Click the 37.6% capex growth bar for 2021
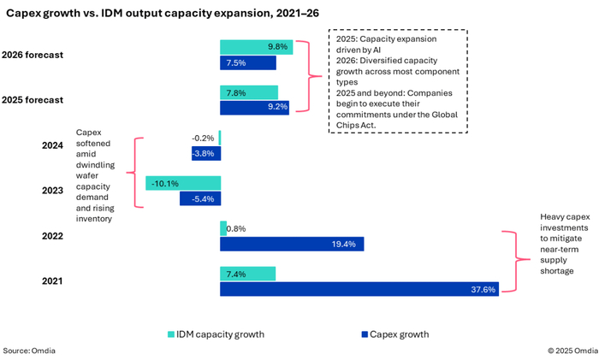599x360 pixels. click(359, 290)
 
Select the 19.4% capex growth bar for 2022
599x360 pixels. click(292, 245)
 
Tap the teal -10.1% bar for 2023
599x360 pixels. click(183, 183)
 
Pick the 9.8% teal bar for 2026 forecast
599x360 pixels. click(257, 47)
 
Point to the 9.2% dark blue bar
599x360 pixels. click(254, 108)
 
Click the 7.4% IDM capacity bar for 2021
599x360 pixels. click(248, 274)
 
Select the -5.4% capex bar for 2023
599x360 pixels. click(200, 198)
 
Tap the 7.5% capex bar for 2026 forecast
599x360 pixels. click(248, 62)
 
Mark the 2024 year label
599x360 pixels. click(53, 145)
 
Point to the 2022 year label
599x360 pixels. click(53, 236)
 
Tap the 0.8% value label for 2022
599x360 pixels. click(239, 228)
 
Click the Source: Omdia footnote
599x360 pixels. click(30, 351)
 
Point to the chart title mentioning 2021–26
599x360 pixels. click(163, 14)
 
